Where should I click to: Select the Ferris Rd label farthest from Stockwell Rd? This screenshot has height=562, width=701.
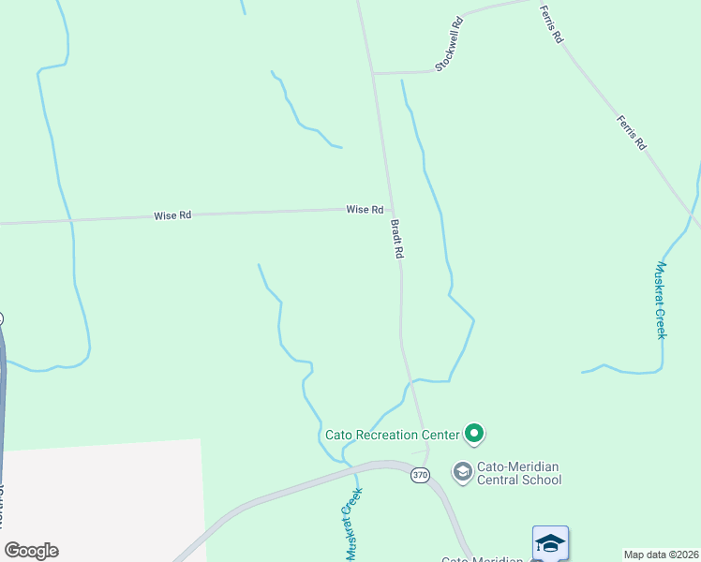632,133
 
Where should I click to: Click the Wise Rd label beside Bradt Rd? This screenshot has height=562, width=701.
365,210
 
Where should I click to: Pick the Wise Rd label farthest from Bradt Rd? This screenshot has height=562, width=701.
172,215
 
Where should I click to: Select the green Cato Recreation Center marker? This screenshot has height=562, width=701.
474,434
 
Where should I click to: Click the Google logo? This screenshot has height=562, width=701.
31,551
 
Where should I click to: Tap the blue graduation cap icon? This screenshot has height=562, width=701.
550,543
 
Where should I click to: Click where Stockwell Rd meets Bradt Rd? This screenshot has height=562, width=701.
373,72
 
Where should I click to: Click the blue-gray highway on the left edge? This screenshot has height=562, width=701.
3,393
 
